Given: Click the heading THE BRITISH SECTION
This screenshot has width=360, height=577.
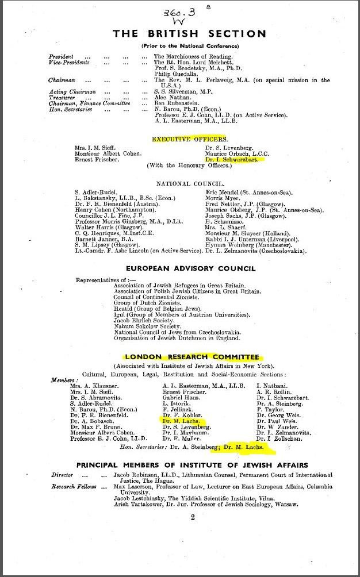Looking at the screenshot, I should click(x=190, y=33).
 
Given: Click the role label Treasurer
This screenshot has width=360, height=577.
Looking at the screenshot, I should click(x=62, y=98).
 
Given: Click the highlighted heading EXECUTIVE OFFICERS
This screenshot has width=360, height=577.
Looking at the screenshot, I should click(x=190, y=139).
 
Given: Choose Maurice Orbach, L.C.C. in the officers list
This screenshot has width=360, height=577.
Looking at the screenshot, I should click(x=237, y=154).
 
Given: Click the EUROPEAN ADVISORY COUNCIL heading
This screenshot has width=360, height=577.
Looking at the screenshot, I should click(x=190, y=268).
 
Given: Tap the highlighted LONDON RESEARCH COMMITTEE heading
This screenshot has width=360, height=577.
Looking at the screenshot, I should click(x=190, y=357).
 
